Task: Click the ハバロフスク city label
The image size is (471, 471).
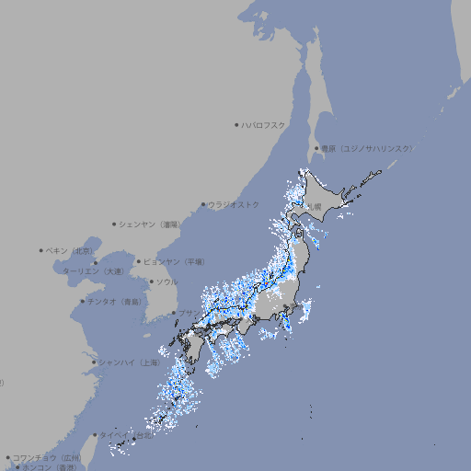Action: pyautogui.click(x=264, y=124)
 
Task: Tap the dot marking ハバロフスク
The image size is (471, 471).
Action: pyautogui.click(x=236, y=124)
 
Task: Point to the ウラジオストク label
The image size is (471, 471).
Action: pyautogui.click(x=234, y=204)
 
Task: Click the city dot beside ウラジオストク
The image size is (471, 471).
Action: pyautogui.click(x=203, y=205)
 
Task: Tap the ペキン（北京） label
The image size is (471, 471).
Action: pyautogui.click(x=71, y=250)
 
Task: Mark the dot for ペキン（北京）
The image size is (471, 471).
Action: pyautogui.click(x=41, y=250)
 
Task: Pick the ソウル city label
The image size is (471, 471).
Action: pyautogui.click(x=167, y=281)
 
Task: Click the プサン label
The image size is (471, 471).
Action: pyautogui.click(x=188, y=313)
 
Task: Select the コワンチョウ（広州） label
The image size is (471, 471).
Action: pyautogui.click(x=47, y=457)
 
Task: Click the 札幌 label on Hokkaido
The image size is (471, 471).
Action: pyautogui.click(x=316, y=207)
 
